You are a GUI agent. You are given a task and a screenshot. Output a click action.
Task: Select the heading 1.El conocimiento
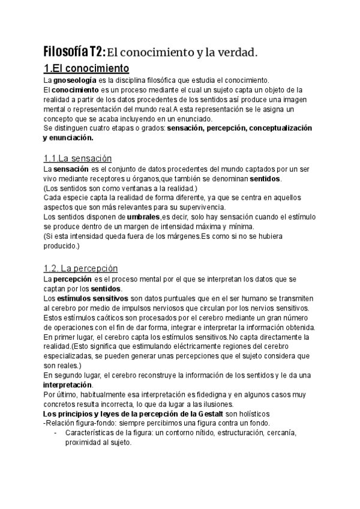point(87,68)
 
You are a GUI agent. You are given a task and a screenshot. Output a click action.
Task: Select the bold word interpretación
point(68,385)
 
